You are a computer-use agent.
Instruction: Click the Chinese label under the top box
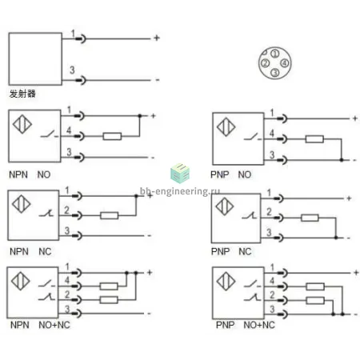click(x=22, y=94)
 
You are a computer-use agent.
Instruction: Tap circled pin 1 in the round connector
click(x=275, y=54)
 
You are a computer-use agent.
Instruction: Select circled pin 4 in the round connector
click(x=285, y=63)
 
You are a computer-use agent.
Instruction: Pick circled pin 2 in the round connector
click(x=265, y=63)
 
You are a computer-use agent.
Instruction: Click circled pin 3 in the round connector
click(x=275, y=72)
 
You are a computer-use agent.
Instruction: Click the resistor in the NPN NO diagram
click(x=112, y=136)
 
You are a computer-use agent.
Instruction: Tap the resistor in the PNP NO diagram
click(x=314, y=139)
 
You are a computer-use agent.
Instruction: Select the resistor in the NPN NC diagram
click(x=110, y=215)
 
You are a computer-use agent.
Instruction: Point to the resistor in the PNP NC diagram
click(x=310, y=218)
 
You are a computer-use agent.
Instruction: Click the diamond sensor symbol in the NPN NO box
click(x=22, y=124)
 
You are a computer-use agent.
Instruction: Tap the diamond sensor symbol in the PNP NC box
click(x=225, y=206)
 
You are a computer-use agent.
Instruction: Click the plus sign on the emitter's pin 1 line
click(x=157, y=38)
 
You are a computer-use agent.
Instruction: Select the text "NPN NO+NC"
click(x=40, y=325)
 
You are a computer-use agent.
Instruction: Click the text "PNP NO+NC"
click(x=246, y=325)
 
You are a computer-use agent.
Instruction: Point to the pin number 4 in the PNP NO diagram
click(x=271, y=133)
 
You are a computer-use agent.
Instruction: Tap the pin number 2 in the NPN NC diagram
click(x=66, y=210)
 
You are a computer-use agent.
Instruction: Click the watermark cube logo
click(x=180, y=174)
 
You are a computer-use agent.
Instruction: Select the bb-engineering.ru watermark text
click(x=180, y=191)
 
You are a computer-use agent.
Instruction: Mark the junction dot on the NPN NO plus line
click(x=140, y=116)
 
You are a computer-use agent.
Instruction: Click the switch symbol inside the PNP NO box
click(x=252, y=137)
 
